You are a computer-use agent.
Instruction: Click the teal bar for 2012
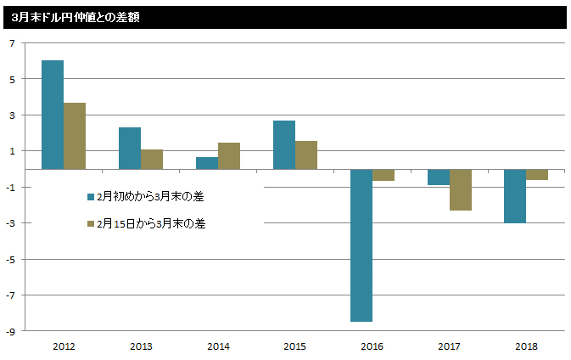[53, 115]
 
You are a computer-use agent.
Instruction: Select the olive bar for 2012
[75, 136]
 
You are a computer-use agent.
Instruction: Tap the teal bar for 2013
[130, 149]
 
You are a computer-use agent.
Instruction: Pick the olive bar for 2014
[229, 156]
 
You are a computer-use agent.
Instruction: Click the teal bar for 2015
[284, 145]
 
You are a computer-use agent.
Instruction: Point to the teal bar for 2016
[361, 245]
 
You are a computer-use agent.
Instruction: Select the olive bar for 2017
[461, 189]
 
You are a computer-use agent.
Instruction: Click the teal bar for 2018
[516, 196]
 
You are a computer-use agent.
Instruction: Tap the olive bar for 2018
[538, 175]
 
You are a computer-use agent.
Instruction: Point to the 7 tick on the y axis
[12, 43]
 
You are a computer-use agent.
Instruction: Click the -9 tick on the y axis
[10, 331]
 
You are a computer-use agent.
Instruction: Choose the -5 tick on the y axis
[10, 259]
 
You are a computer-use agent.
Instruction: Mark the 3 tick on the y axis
[12, 115]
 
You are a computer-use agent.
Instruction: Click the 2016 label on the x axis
[372, 346]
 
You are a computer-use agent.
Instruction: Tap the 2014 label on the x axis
[218, 346]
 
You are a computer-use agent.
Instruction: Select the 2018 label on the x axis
[527, 346]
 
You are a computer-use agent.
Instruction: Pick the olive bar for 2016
[383, 175]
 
